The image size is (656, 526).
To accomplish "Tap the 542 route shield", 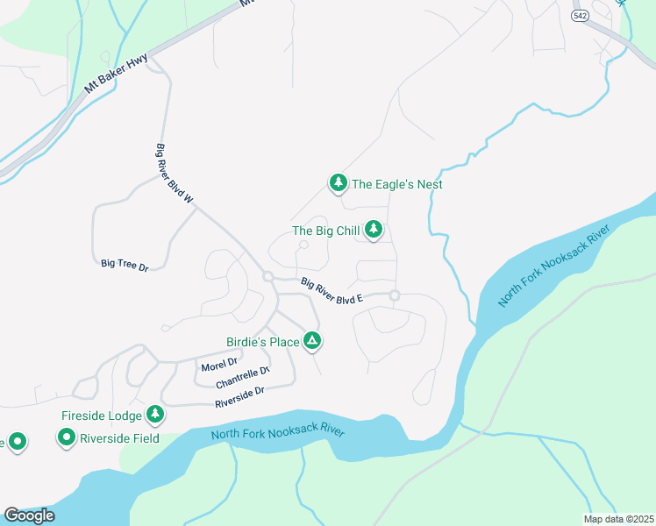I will (579, 17).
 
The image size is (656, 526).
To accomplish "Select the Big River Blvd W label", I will (174, 174).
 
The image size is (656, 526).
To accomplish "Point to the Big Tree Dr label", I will (125, 263).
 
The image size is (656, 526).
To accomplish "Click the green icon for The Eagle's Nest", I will (338, 183).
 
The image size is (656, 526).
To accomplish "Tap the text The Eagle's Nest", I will (396, 184).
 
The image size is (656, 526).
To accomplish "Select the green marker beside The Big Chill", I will (374, 230).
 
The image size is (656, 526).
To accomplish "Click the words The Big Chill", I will (325, 231).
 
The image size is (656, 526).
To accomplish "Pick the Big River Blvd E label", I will (332, 291).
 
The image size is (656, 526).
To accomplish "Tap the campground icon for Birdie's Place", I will (312, 341).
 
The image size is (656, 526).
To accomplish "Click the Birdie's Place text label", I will (260, 342).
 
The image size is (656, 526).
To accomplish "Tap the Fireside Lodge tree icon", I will (155, 413).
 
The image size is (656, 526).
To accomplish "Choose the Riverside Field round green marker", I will (67, 437).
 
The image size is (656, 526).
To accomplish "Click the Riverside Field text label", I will (119, 437).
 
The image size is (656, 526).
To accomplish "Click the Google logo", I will (29, 515).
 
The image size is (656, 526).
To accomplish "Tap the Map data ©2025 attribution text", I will (617, 519).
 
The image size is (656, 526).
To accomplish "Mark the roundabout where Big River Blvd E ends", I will (395, 295).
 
